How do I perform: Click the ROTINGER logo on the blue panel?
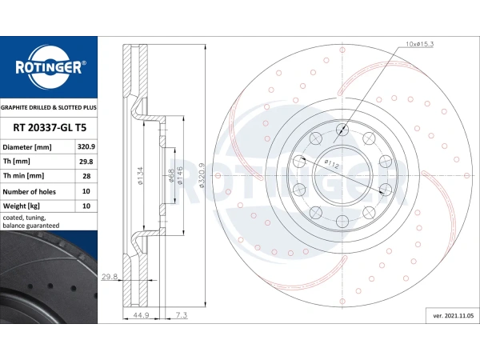49,67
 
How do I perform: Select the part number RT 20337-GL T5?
50,128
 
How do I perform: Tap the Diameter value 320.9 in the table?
86,147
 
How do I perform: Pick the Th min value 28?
86,176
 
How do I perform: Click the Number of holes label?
29,192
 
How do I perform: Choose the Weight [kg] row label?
21,206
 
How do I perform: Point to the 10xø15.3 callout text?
419,44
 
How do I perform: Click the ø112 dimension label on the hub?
332,164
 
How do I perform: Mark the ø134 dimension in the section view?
140,176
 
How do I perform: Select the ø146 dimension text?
180,176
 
